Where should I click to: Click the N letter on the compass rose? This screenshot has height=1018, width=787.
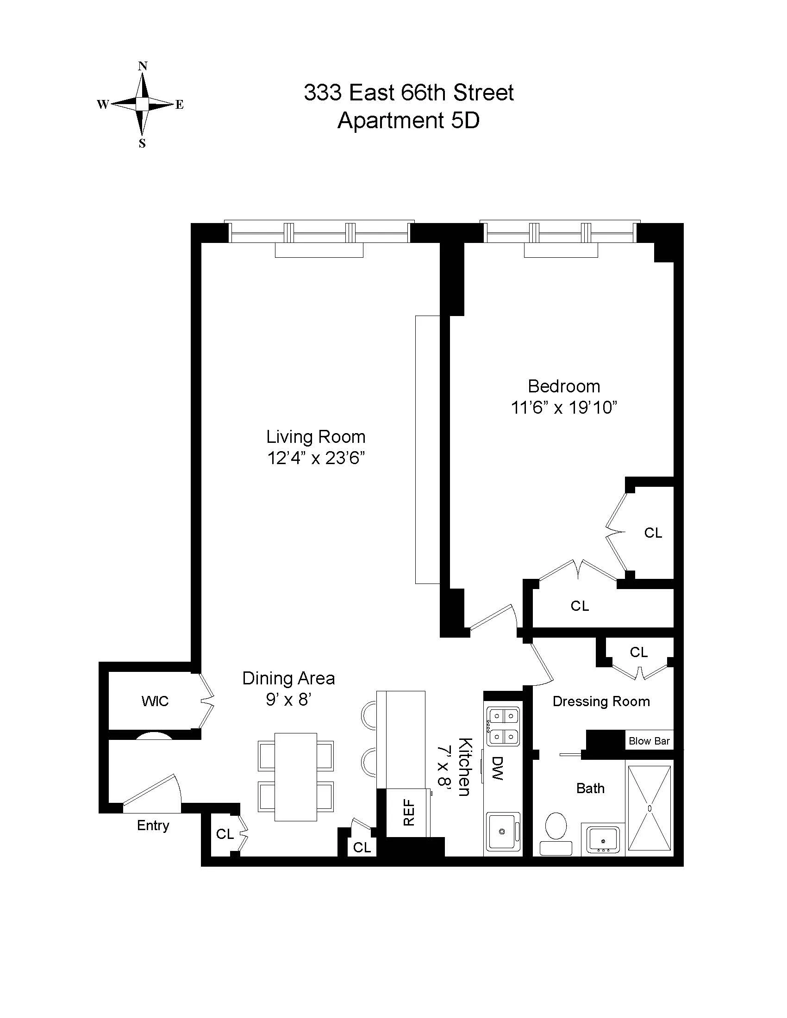(x=143, y=66)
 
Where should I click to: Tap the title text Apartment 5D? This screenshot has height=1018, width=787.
(x=408, y=121)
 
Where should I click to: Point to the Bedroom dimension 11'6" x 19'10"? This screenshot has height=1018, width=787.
(x=564, y=408)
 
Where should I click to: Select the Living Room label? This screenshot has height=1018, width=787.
(x=316, y=437)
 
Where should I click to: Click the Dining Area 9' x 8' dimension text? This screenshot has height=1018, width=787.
(x=288, y=700)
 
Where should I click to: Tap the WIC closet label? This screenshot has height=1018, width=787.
(x=155, y=701)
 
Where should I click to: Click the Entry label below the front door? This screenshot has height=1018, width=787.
(x=153, y=826)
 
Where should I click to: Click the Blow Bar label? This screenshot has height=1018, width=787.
(x=649, y=741)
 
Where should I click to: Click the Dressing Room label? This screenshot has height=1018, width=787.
(x=601, y=701)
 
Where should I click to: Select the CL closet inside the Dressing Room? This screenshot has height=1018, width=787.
(x=639, y=652)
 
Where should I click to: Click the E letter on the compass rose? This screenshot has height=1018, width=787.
(x=180, y=105)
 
